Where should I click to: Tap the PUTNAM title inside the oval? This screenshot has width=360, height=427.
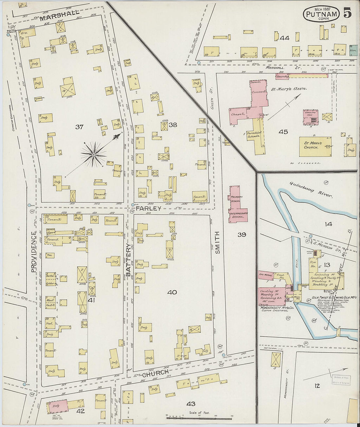pos(321,14)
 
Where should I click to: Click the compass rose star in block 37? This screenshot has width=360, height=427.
pos(94,154)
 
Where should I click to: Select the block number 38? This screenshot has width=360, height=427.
pos(173,125)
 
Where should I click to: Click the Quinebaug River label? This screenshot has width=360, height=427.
pos(311,190)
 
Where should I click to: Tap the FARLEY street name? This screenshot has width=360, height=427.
pos(148,208)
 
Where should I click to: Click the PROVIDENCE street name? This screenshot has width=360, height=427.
pos(33,252)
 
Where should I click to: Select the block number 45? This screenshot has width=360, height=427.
pos(283,132)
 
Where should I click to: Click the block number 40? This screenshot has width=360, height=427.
pos(172,292)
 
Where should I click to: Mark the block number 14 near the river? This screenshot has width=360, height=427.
pos(328,224)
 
